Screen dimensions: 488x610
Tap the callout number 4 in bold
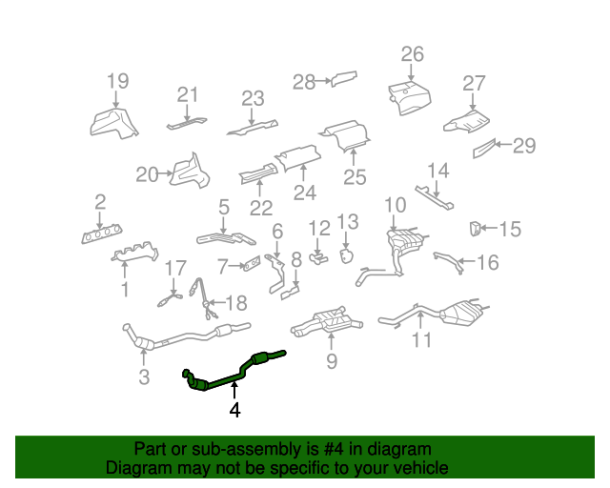234,411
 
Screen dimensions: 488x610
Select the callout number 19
116,81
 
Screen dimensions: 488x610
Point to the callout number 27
474,83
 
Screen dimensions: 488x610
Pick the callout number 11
421,339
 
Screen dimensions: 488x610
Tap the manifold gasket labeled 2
100,234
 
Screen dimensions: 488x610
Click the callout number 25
355,176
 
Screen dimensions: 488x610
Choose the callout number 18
235,303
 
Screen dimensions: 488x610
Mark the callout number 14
437,171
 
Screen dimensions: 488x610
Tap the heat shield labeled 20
192,173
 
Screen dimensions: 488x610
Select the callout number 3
144,376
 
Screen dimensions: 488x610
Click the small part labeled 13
347,254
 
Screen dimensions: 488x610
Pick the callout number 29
524,146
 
